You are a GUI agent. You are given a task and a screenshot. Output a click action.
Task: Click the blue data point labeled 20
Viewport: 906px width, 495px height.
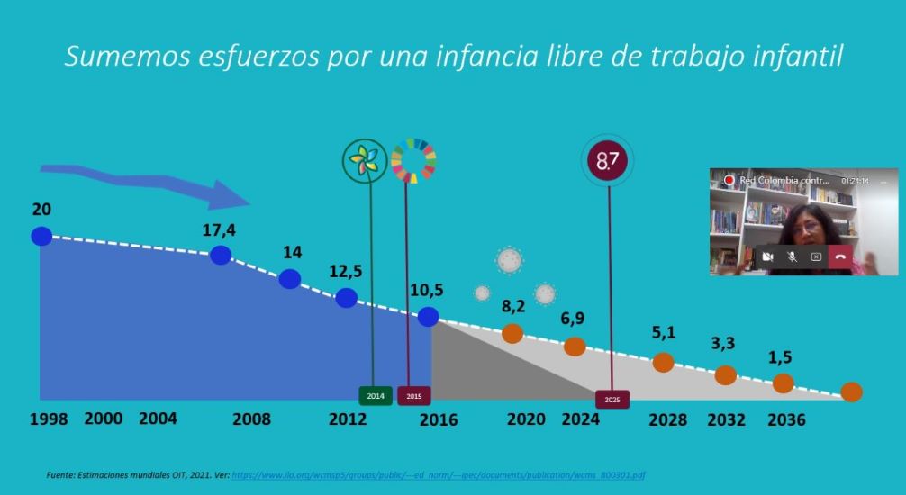[41, 236]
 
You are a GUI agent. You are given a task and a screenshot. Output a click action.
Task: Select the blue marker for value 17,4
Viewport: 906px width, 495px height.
[221, 255]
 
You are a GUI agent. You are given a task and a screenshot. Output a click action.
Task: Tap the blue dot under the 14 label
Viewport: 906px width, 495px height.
[289, 279]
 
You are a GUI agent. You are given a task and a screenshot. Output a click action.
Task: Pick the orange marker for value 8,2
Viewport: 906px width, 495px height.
[512, 333]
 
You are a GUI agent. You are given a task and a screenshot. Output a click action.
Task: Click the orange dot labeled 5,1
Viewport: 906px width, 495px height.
[663, 362]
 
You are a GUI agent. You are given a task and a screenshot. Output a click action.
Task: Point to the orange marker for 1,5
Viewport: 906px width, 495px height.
[783, 383]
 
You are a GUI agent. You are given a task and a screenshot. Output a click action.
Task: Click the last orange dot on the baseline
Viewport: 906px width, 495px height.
[851, 391]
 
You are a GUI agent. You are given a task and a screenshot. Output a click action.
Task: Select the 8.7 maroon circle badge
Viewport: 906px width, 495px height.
[608, 162]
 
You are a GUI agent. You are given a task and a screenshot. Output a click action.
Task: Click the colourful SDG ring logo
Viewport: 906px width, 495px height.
[413, 160]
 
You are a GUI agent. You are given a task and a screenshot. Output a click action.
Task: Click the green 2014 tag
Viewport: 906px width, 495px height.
[376, 396]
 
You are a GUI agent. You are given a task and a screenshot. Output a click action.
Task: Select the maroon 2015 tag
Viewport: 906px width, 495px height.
[413, 396]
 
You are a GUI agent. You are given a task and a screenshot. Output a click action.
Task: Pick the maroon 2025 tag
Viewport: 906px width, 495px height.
[612, 399]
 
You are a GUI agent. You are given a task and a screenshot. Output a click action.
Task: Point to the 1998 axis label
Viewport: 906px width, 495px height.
[48, 419]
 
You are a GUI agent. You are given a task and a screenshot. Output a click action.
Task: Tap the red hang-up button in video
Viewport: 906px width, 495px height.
[839, 256]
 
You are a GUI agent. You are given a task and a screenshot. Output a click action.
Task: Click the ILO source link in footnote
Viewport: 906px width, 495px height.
[439, 474]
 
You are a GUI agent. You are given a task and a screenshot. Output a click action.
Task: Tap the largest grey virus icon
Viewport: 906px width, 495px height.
[510, 260]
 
